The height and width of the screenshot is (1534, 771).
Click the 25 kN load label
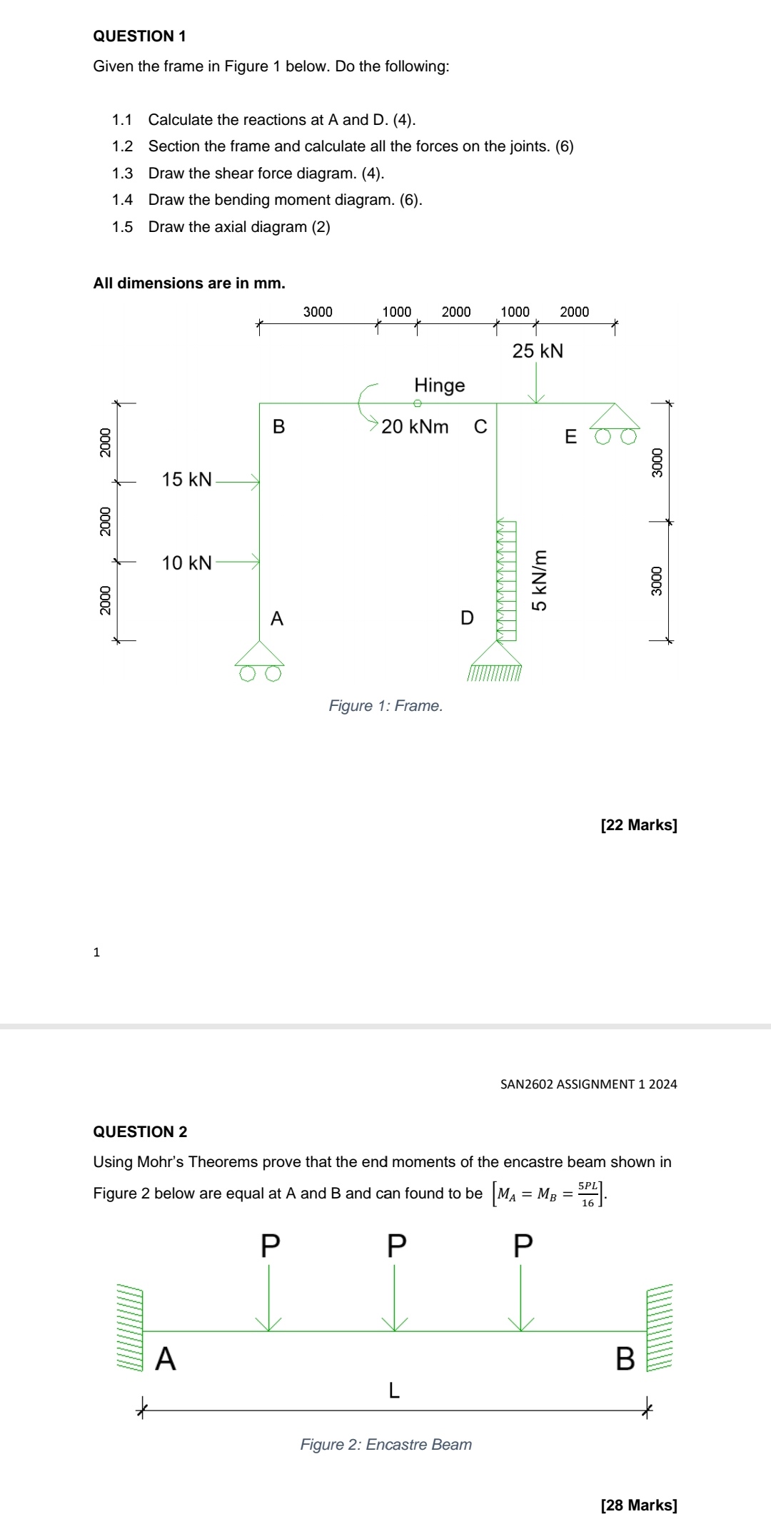click(538, 351)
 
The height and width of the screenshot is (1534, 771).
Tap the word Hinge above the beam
click(439, 385)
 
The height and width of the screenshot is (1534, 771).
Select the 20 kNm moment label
click(415, 427)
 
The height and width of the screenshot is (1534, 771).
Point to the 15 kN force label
click(186, 480)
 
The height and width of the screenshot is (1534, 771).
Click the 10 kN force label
click(186, 563)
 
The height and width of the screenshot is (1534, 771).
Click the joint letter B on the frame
click(278, 427)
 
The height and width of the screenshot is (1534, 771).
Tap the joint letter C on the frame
click(480, 427)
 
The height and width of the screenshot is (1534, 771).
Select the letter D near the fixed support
click(467, 618)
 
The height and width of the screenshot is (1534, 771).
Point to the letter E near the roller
click(570, 437)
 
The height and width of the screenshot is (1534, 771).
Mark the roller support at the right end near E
click(614, 424)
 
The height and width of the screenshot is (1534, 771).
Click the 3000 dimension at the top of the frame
click(318, 312)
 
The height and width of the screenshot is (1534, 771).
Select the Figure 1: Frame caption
click(385, 706)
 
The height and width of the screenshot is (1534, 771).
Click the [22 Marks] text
click(639, 825)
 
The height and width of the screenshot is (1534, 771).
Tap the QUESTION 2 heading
click(140, 1131)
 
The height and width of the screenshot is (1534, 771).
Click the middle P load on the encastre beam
click(395, 1246)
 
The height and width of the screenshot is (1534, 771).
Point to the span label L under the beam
click(393, 1390)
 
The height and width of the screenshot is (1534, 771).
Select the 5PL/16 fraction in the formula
click(588, 1193)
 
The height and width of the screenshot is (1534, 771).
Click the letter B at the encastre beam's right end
click(625, 1359)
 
